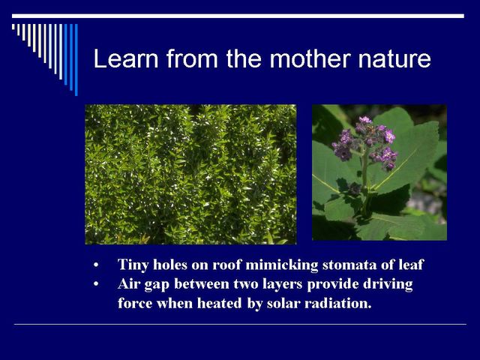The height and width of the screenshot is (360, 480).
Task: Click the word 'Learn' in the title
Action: [126, 58]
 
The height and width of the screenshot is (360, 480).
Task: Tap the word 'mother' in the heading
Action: [310, 58]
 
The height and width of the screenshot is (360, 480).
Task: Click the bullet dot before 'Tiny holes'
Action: [96, 265]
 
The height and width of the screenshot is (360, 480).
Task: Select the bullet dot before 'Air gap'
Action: [96, 284]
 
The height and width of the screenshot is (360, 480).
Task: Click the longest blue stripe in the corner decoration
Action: [76, 60]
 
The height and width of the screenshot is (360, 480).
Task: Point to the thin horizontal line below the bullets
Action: [240, 324]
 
